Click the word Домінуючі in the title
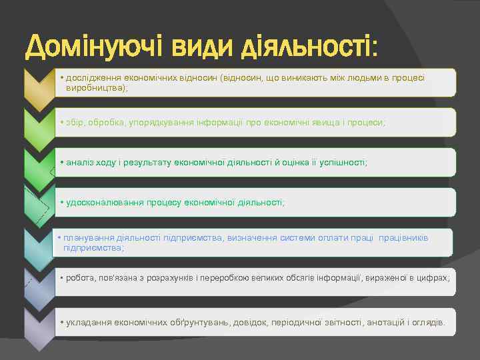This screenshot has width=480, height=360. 91,47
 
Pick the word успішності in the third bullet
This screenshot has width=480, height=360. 344,162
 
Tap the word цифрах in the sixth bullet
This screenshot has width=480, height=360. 434,277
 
